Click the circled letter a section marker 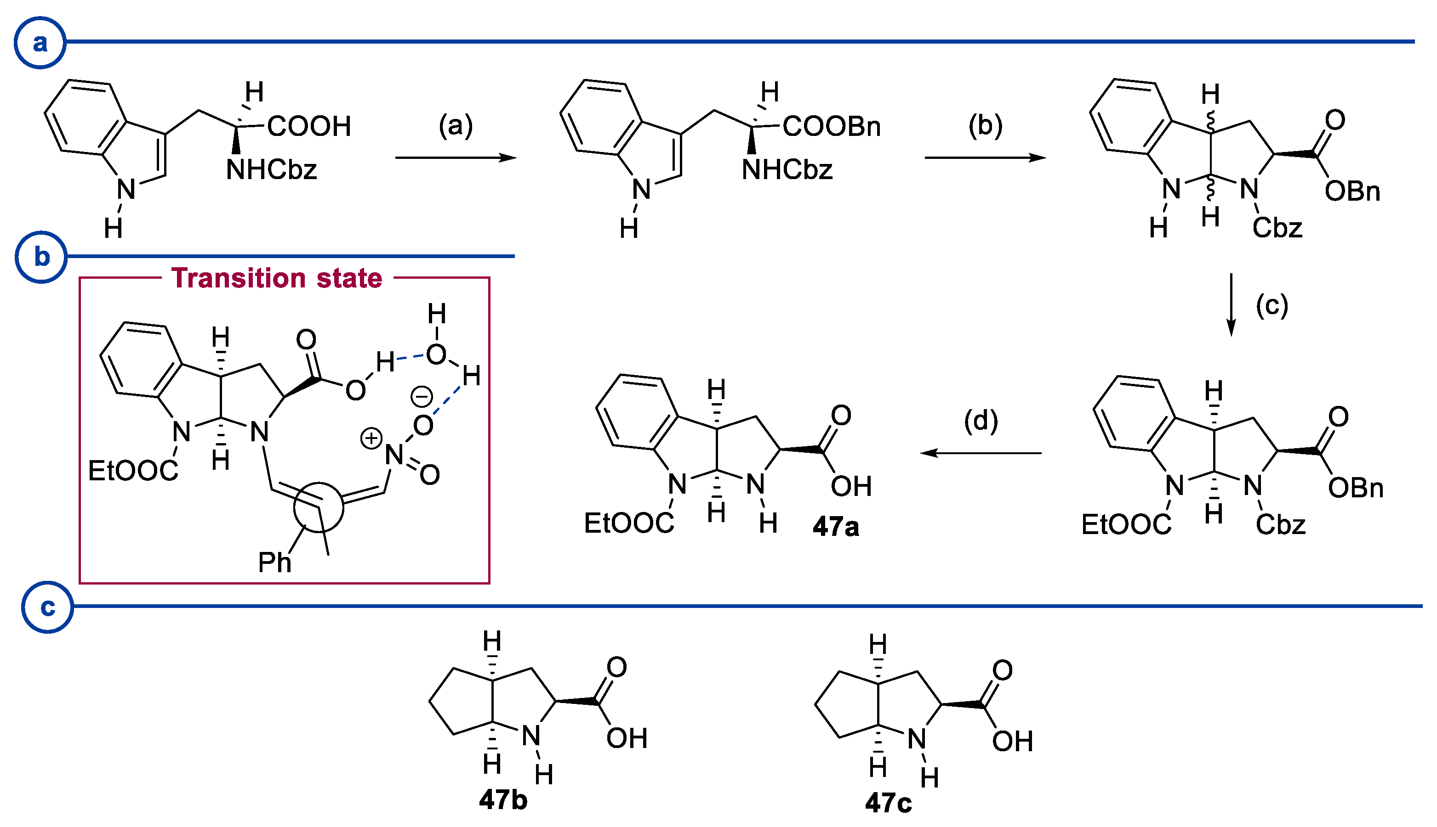click(x=40, y=43)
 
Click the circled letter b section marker click(x=41, y=257)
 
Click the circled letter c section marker click(x=47, y=607)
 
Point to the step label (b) click(x=985, y=125)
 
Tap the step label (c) click(x=1272, y=305)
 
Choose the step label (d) click(x=981, y=422)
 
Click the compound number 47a click(x=836, y=527)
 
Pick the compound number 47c click(x=889, y=803)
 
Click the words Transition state click(x=277, y=278)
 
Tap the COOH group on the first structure click(x=308, y=126)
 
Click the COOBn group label click(x=832, y=126)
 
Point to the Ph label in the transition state click(x=274, y=563)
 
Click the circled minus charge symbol click(x=422, y=396)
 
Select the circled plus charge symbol click(x=371, y=439)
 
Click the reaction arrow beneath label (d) click(x=981, y=453)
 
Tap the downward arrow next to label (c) click(x=1231, y=304)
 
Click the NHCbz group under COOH click(x=271, y=169)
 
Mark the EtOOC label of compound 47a click(x=629, y=523)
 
